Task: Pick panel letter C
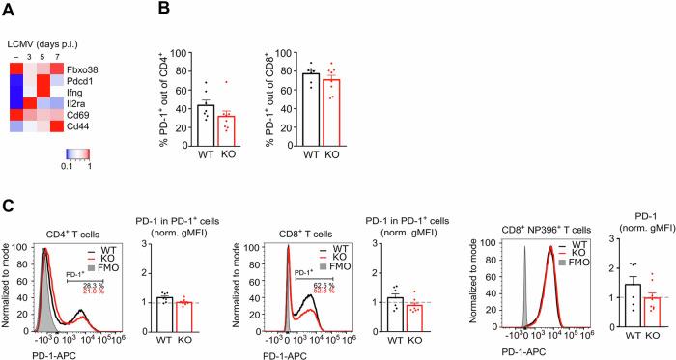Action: tap(8, 206)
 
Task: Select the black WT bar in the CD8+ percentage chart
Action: tap(311, 107)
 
